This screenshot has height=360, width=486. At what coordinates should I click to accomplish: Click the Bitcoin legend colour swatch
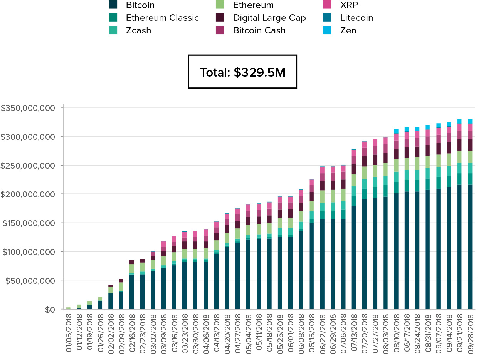(x=113, y=5)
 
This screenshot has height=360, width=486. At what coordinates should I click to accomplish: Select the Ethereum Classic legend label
(x=162, y=18)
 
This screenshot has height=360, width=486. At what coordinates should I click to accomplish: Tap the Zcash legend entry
(x=138, y=30)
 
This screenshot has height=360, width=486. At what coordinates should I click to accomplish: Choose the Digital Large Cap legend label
(x=269, y=18)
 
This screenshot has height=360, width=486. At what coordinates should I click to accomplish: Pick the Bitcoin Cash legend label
(x=259, y=30)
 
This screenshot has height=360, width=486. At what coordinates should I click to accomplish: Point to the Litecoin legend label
(x=357, y=18)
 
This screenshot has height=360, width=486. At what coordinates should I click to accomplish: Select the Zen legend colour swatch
(x=327, y=30)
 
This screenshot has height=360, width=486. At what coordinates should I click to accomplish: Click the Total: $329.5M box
(x=242, y=72)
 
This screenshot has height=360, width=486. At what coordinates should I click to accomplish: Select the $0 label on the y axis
(x=50, y=310)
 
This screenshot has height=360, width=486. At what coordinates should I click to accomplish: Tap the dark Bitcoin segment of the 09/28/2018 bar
(x=470, y=246)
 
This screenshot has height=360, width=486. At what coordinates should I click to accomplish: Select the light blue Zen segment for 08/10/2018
(x=396, y=131)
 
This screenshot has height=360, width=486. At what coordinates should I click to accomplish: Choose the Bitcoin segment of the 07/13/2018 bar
(x=353, y=258)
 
